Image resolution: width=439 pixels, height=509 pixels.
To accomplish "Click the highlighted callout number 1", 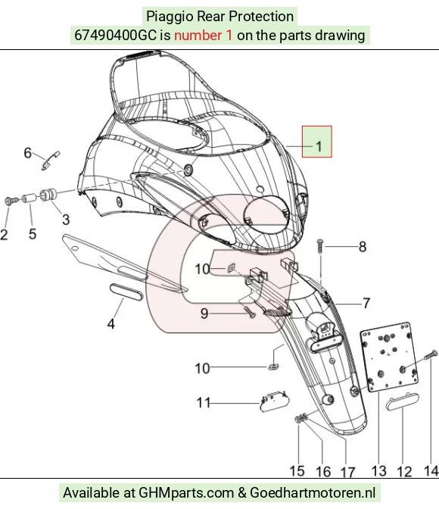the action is coord(319,146).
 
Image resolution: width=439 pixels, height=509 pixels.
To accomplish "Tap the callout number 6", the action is coord(28,152).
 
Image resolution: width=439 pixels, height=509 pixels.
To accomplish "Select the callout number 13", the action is coord(378,470).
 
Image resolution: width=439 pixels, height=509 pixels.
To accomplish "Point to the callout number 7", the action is coord(366,303).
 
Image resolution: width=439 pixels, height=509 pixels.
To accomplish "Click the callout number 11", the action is coord(204,403).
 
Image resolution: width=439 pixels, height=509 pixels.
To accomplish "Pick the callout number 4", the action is coord(111,323).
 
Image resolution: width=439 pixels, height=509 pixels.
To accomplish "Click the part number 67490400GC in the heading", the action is coord(116,35).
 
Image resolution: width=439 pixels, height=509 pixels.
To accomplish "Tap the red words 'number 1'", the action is coord(204,35).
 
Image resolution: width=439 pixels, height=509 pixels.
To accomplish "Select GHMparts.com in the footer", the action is coord(186,492).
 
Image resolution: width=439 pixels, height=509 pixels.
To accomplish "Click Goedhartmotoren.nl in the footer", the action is coord(313,492).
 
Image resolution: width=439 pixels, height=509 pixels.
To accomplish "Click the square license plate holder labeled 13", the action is coord(389,357).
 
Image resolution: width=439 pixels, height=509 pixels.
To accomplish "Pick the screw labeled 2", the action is coord(10,201).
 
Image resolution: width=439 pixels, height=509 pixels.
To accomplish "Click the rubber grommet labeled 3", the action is coord(48,195).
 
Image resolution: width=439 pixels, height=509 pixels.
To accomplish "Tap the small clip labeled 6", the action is coord(50,160).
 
